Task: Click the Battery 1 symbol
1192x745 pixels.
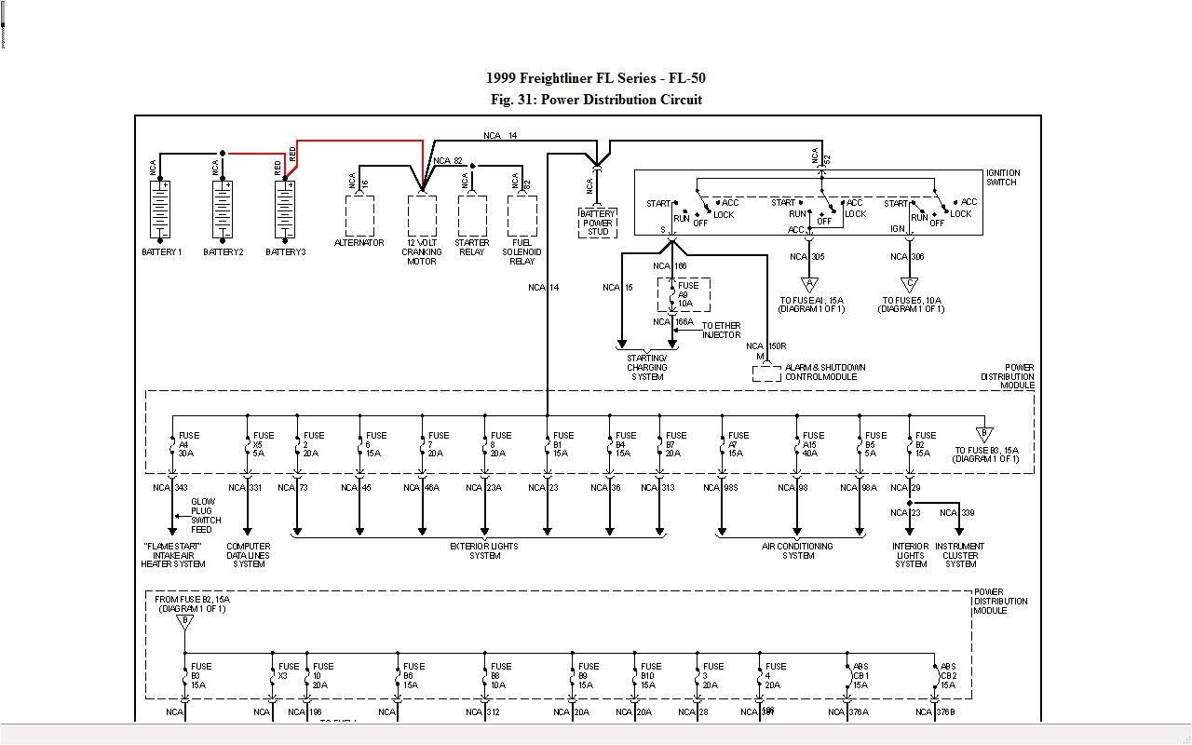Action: (160, 210)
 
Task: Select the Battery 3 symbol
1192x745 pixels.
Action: (285, 210)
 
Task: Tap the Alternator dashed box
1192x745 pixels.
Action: (359, 215)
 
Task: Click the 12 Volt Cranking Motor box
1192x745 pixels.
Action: (422, 216)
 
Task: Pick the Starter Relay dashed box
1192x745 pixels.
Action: (472, 215)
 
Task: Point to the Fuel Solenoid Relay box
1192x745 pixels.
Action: (521, 215)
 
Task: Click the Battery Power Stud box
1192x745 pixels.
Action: (597, 222)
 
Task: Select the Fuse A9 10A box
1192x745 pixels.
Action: (684, 295)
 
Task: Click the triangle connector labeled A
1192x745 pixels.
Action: (809, 285)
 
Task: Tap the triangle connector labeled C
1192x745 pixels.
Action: (910, 285)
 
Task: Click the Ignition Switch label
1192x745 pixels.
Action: (1003, 177)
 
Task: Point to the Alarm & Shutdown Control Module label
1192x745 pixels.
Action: (825, 372)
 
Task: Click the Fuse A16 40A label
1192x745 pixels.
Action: (813, 444)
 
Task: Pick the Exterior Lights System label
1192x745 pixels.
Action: (484, 550)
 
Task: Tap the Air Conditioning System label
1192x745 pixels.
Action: (798, 550)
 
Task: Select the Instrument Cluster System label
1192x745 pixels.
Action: (960, 555)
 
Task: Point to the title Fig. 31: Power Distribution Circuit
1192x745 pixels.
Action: (596, 100)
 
